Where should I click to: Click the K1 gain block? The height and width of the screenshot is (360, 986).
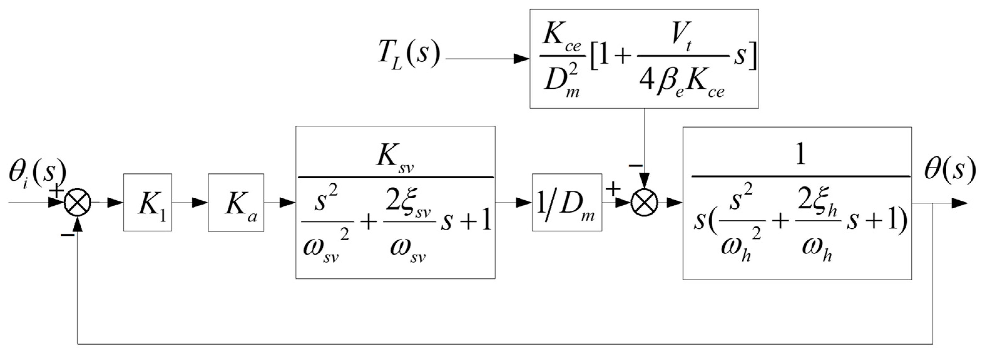coord(147,202)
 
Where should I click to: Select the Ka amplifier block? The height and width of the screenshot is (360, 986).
coord(236,202)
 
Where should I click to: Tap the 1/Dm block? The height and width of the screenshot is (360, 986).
coord(567,202)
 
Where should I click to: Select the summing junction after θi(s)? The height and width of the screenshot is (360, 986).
coord(78,203)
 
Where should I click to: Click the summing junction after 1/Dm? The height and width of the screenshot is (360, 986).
coord(644,203)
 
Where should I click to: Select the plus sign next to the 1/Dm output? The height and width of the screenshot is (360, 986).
coord(613,188)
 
